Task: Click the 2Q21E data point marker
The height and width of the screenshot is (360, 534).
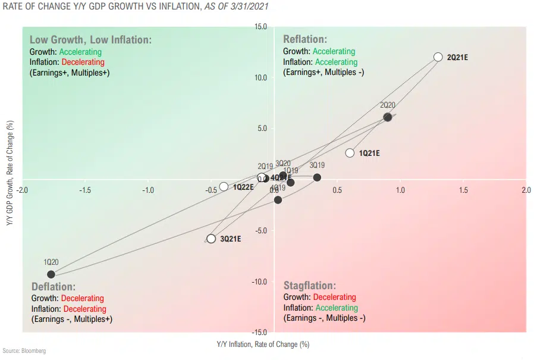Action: (x=438, y=57)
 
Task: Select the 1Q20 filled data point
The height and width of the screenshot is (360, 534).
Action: (x=51, y=274)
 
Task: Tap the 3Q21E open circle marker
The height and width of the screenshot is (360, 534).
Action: (x=211, y=239)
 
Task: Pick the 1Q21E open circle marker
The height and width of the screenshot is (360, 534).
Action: (x=350, y=153)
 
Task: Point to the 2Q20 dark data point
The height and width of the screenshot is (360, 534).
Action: (x=388, y=117)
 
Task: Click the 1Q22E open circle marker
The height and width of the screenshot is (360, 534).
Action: (x=224, y=187)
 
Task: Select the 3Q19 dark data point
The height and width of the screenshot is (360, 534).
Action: (x=317, y=177)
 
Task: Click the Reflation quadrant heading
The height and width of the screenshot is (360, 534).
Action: (x=305, y=39)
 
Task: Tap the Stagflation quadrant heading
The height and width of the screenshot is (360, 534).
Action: (x=309, y=286)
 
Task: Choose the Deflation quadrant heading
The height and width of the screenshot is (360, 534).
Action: (x=54, y=287)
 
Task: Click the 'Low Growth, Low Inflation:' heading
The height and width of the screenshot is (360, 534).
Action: (x=90, y=39)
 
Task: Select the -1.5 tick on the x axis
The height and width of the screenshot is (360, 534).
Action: (x=86, y=190)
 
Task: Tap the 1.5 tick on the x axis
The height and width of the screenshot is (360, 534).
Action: (x=463, y=190)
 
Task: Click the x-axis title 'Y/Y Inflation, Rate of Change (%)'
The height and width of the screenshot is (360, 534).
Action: (x=263, y=345)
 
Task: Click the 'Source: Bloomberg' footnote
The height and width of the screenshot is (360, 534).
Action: (x=24, y=351)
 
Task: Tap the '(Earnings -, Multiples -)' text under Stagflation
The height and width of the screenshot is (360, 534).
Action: (x=324, y=318)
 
